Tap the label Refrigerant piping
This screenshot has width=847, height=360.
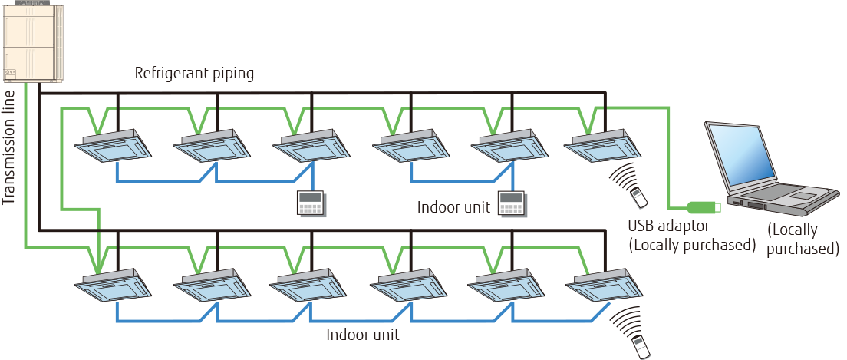tap(194, 74)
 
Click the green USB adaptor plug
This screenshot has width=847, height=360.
tap(702, 206)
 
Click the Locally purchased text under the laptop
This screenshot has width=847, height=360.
tap(801, 239)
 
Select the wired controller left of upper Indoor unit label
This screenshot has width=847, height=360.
tap(311, 203)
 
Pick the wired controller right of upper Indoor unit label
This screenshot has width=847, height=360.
tap(511, 203)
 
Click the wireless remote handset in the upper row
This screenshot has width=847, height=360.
tap(638, 199)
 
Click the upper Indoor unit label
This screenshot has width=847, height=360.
tap(453, 208)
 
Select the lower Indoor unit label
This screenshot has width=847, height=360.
tap(362, 335)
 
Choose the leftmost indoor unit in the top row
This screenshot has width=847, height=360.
tap(115, 147)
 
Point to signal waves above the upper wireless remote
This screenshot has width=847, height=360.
tap(625, 176)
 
